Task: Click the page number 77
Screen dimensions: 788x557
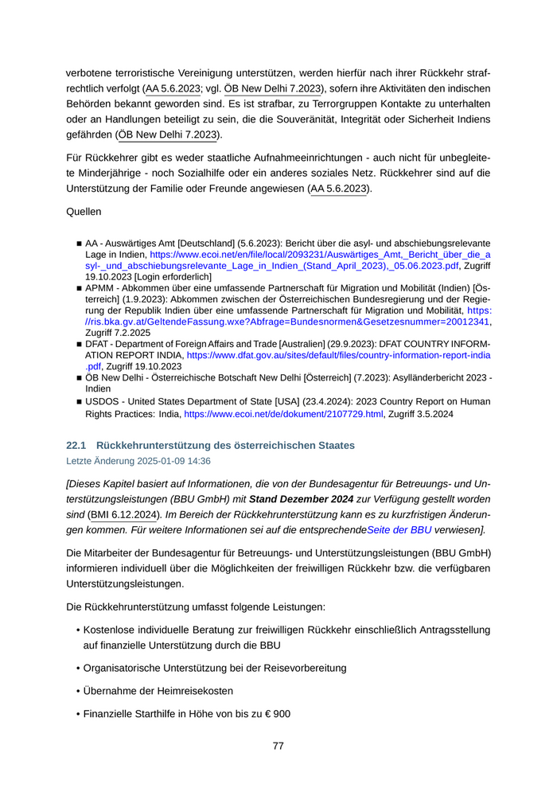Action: tap(278, 746)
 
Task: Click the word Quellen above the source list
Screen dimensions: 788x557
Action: tap(84, 213)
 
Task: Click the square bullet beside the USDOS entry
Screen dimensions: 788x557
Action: tap(79, 403)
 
